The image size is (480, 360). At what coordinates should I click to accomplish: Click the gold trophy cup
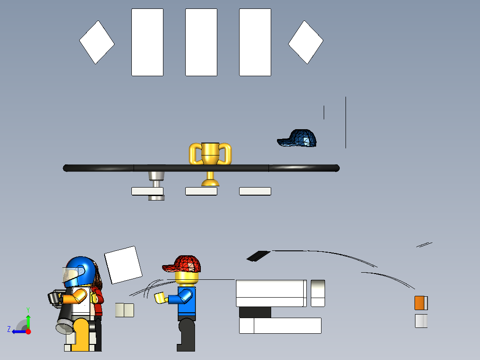pos(210,164)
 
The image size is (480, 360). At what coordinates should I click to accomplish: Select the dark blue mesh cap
pos(297,138)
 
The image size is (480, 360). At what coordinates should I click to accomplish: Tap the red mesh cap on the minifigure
pos(182,264)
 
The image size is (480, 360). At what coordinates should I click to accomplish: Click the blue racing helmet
pos(79,271)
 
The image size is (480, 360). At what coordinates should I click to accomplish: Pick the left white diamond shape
pos(97,42)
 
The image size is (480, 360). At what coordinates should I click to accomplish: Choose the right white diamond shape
pos(305,42)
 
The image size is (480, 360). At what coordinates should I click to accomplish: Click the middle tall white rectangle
pos(201,42)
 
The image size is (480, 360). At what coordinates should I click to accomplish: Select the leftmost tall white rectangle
pos(147,42)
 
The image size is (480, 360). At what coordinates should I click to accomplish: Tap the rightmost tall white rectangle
pos(255,42)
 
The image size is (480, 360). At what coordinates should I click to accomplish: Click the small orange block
pos(419,303)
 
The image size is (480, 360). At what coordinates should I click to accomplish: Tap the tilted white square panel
pos(123,265)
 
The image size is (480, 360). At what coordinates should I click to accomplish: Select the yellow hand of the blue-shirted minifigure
pos(160,298)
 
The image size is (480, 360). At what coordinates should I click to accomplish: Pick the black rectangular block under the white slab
pos(255,312)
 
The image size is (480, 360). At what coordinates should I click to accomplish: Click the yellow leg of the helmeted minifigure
pos(81,335)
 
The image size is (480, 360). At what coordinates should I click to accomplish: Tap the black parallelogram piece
pos(258,256)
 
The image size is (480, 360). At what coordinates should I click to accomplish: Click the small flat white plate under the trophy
pos(201,191)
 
